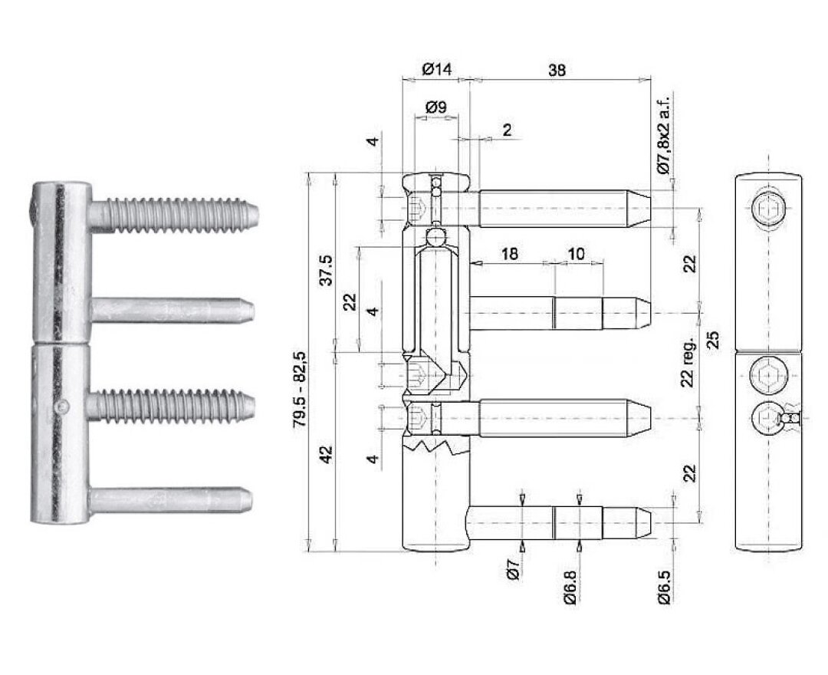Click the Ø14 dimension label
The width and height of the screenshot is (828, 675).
[437, 69]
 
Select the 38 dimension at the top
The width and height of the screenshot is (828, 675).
[557, 70]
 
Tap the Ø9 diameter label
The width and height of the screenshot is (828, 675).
[435, 107]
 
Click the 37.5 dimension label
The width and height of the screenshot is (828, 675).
[327, 270]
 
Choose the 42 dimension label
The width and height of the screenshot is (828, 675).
[327, 454]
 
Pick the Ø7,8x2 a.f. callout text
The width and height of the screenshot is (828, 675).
[663, 135]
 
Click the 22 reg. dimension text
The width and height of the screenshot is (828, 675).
[687, 363]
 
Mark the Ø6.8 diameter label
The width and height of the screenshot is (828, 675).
[570, 586]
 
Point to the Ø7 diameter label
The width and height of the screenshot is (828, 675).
[514, 569]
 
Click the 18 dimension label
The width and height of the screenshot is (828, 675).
[509, 254]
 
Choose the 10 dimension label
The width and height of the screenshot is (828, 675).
[576, 254]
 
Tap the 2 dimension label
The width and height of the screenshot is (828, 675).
[507, 130]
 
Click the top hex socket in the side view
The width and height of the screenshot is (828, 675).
[767, 209]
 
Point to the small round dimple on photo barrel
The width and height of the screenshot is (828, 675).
[63, 407]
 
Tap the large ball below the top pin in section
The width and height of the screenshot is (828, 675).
[435, 235]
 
